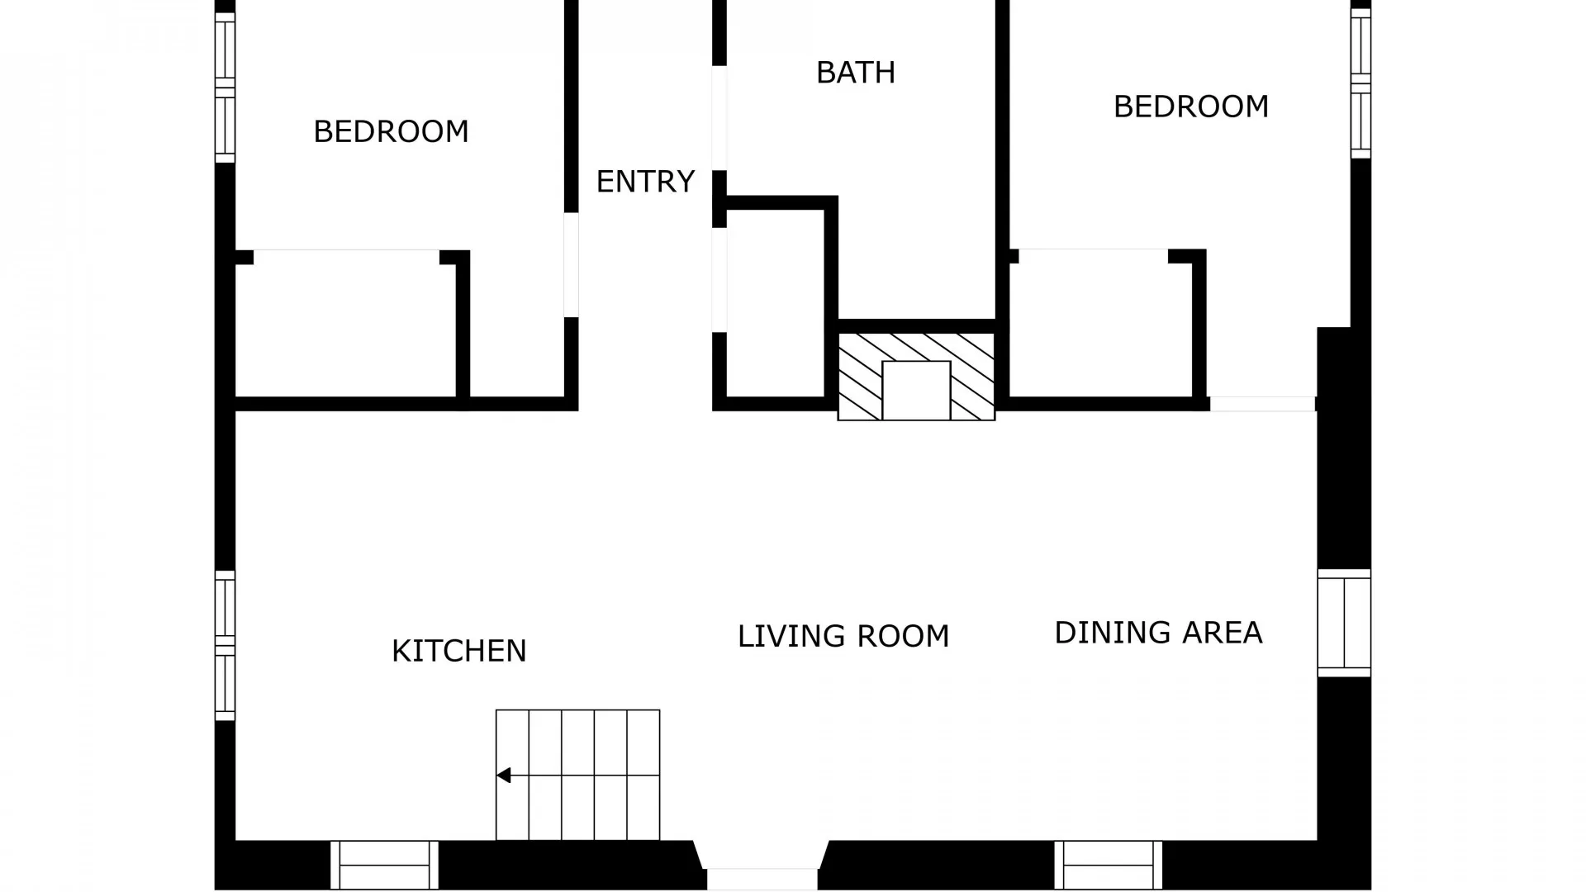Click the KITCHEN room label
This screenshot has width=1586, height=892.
click(x=458, y=651)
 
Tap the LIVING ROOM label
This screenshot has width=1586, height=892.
click(x=843, y=636)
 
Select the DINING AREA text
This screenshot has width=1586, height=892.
click(x=1158, y=633)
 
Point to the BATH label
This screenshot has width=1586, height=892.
click(x=855, y=73)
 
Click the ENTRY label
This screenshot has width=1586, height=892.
click(x=645, y=182)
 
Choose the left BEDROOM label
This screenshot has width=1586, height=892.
click(x=391, y=131)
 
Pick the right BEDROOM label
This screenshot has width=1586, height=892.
click(x=1190, y=107)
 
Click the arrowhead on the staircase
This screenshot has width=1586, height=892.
click(x=503, y=776)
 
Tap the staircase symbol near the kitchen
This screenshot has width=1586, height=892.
click(x=577, y=775)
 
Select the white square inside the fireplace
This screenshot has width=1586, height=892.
click(x=916, y=390)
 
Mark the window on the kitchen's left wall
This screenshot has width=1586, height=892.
click(x=225, y=644)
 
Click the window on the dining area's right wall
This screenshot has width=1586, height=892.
click(x=1344, y=623)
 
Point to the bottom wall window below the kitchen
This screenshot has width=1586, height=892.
click(x=384, y=865)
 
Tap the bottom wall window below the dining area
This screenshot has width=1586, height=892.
click(x=1108, y=865)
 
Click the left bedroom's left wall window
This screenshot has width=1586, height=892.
click(x=225, y=87)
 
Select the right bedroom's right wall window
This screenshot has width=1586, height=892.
click(x=1360, y=83)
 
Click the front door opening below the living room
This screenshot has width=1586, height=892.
click(x=762, y=878)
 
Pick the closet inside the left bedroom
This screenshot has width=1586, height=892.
click(x=345, y=326)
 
